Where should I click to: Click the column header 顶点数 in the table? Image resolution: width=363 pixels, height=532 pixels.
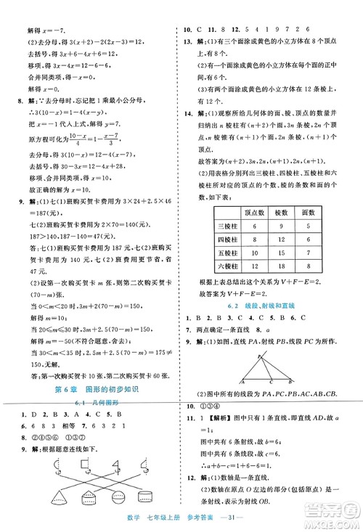coord(254,213)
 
